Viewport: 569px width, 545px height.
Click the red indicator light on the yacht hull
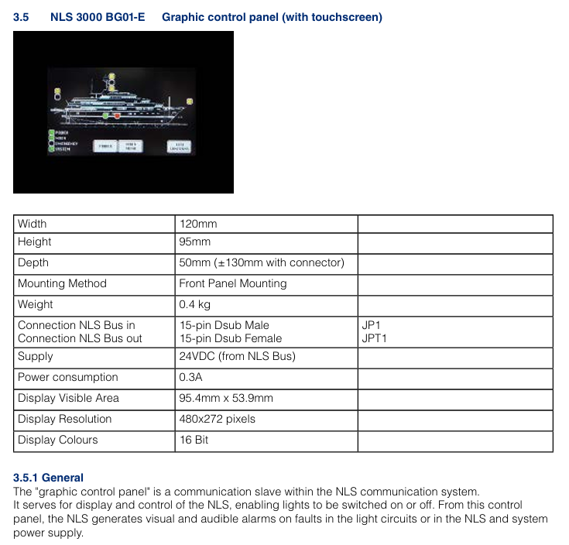(118, 115)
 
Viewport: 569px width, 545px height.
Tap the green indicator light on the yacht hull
(106, 115)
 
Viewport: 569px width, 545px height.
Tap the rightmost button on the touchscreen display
(180, 146)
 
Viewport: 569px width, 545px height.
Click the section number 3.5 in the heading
(22, 17)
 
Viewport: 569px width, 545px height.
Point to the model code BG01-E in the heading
(126, 17)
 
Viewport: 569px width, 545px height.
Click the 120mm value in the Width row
(198, 224)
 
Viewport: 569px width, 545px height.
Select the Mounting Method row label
(62, 283)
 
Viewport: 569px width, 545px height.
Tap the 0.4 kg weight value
(195, 304)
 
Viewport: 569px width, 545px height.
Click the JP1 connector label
(372, 326)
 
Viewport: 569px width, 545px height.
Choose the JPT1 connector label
(375, 338)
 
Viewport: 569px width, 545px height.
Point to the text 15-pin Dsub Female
(231, 338)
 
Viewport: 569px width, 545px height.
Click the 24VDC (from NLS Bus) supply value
(238, 357)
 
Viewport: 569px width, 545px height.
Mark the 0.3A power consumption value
(192, 378)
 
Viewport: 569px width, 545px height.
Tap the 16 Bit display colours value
(194, 440)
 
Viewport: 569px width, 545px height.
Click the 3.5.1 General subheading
(49, 478)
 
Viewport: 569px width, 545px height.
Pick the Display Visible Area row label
(69, 398)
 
